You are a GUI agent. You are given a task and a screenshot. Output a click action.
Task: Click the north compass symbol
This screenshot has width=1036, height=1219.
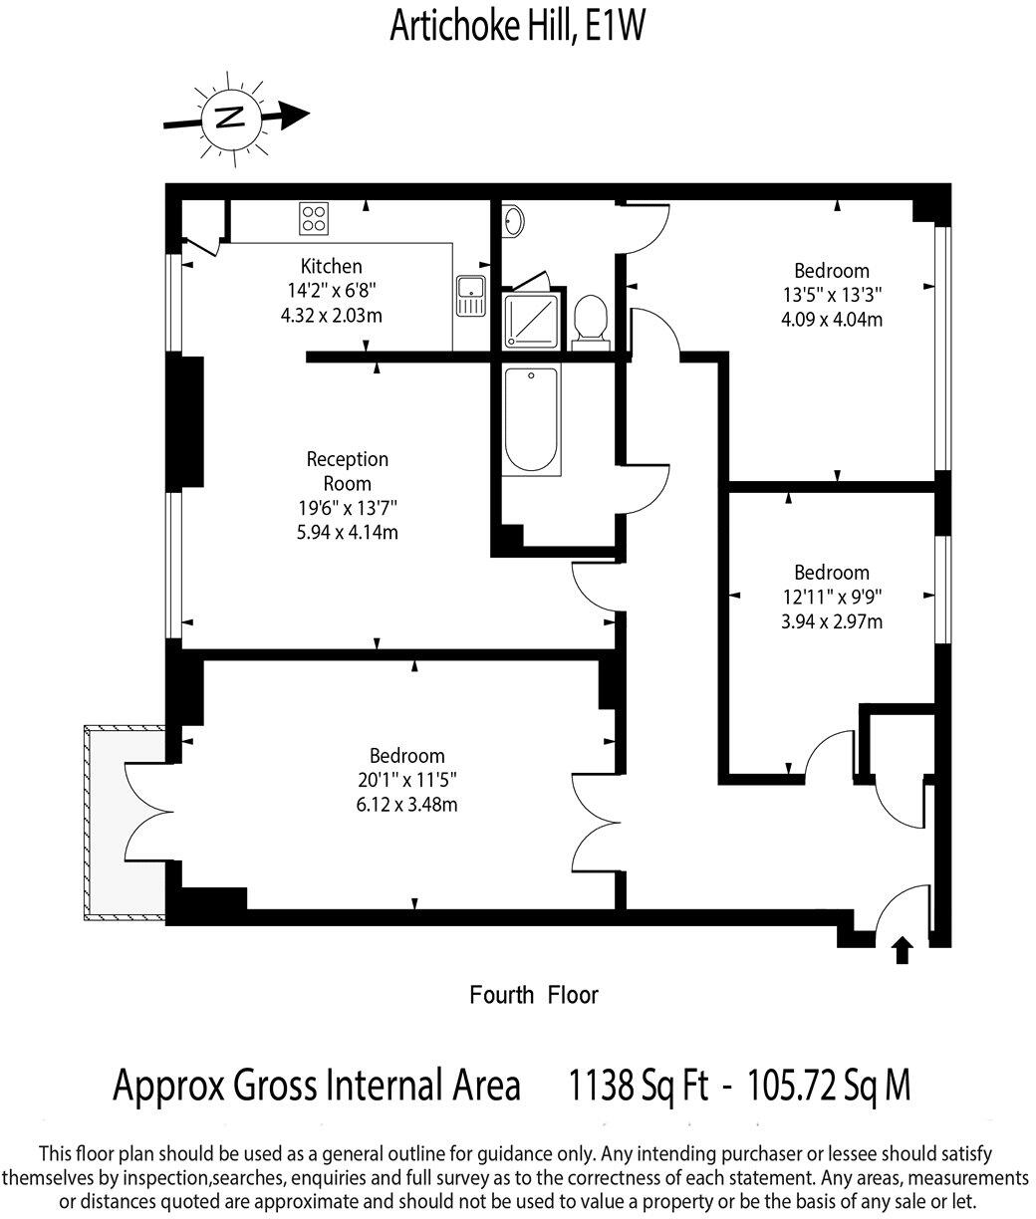pyautogui.click(x=231, y=119)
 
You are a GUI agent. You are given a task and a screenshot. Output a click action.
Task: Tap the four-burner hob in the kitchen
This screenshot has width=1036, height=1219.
pyautogui.click(x=314, y=217)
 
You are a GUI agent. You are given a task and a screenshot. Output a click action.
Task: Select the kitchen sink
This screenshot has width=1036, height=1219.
pyautogui.click(x=470, y=295)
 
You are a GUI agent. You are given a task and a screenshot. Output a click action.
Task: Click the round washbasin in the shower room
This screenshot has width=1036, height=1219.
pyautogui.click(x=514, y=221)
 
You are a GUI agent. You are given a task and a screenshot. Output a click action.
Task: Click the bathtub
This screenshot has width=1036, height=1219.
pyautogui.click(x=530, y=420)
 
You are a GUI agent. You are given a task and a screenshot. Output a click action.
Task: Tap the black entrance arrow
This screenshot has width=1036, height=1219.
pyautogui.click(x=903, y=949)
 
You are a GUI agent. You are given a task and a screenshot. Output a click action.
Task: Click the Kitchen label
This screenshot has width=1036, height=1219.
pyautogui.click(x=332, y=266)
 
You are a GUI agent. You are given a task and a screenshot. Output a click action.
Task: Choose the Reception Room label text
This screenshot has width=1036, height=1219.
pyautogui.click(x=347, y=471)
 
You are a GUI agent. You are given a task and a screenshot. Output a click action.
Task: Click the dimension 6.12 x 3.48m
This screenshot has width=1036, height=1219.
pyautogui.click(x=406, y=804)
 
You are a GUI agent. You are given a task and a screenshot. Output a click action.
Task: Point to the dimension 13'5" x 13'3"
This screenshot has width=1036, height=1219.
pyautogui.click(x=831, y=295)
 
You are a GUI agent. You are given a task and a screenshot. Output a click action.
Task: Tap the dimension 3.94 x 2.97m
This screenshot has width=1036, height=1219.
pyautogui.click(x=831, y=621)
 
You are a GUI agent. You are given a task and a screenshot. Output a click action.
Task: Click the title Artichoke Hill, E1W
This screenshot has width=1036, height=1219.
pyautogui.click(x=518, y=27)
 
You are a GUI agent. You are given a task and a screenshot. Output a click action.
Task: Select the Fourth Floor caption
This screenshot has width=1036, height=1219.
pyautogui.click(x=534, y=994)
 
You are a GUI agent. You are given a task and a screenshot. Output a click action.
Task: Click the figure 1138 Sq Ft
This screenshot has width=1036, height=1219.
pyautogui.click(x=638, y=1085)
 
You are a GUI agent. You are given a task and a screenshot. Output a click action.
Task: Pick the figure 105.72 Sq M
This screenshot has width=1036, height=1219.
pyautogui.click(x=829, y=1085)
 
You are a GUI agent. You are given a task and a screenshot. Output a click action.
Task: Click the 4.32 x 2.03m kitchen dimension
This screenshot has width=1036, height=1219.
pyautogui.click(x=332, y=314)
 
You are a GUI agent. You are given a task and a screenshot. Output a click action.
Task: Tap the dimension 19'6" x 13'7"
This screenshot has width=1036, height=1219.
pyautogui.click(x=347, y=508)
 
